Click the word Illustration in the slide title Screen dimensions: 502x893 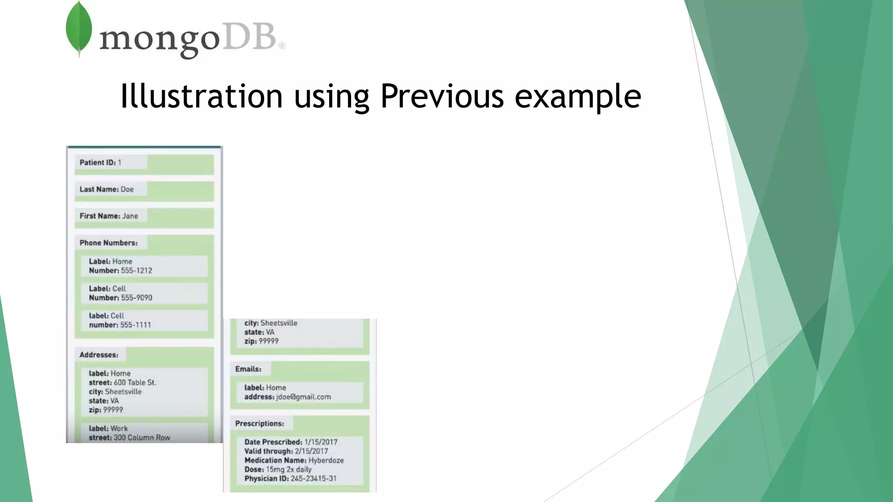[x=201, y=96]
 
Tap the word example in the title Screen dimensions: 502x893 [x=577, y=96]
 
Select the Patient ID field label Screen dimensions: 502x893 [x=97, y=163]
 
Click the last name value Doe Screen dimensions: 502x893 [x=127, y=189]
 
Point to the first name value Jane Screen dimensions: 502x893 [x=130, y=216]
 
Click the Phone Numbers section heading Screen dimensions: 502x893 [x=108, y=243]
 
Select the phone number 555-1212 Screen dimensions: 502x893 [x=136, y=271]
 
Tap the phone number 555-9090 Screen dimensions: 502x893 [x=136, y=298]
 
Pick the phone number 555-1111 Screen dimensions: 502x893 [x=136, y=325]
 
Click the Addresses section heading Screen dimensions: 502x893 [x=99, y=355]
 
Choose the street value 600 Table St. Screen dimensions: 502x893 [x=135, y=383]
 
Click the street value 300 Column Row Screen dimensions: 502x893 [x=142, y=438]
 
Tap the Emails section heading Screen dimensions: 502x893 [x=248, y=369]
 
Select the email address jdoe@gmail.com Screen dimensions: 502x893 [x=303, y=397]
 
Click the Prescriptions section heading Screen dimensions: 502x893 [x=259, y=424]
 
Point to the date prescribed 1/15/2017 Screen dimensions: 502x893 [x=320, y=442]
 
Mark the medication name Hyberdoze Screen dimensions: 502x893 [x=326, y=460]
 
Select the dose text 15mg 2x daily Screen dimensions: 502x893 [x=289, y=469]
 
